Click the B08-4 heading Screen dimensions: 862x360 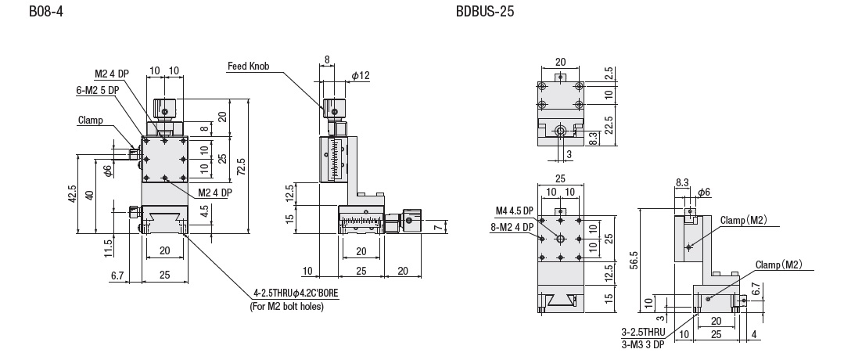(x=46, y=11)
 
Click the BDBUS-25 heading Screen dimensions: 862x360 (x=485, y=11)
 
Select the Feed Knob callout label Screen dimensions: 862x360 (x=249, y=66)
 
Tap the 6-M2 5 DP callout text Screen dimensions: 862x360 (x=97, y=90)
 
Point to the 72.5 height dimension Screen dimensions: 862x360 (x=240, y=167)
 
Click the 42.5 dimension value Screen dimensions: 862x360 (x=72, y=194)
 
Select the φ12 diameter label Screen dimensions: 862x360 (x=361, y=76)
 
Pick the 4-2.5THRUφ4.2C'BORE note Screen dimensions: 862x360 (x=296, y=293)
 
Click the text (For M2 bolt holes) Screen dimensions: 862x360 (x=287, y=307)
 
